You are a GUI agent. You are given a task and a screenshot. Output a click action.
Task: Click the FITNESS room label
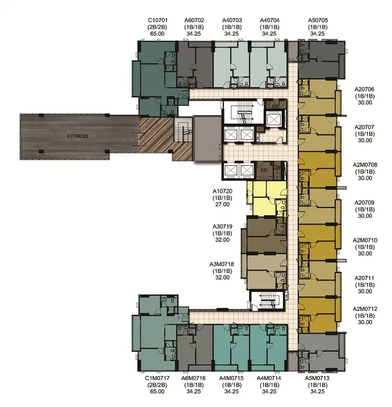[78, 136]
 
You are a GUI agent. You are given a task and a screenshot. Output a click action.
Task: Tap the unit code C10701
[158, 20]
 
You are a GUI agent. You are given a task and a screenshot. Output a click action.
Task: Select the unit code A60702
[194, 20]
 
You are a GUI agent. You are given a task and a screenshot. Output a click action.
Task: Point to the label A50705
[318, 20]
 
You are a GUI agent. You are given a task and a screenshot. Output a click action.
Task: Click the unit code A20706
[365, 89]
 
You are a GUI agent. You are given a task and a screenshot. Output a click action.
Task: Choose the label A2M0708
[365, 165]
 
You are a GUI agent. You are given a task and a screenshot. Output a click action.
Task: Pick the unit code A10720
[222, 192]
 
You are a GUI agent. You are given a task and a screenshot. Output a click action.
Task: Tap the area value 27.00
[222, 205]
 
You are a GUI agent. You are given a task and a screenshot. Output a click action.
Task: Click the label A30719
[222, 227]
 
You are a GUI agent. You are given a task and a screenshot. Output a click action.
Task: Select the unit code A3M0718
[221, 264]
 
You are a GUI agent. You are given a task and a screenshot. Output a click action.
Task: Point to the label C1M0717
[157, 378]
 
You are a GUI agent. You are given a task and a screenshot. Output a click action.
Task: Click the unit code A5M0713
[317, 378]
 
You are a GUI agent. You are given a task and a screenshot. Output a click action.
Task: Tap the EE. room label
[265, 170]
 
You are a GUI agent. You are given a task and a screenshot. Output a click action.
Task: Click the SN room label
[275, 106]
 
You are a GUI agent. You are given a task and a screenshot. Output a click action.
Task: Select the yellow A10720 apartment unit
[267, 198]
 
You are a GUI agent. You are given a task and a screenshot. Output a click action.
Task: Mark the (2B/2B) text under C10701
[157, 27]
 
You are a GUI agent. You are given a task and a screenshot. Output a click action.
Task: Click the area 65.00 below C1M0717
[157, 391]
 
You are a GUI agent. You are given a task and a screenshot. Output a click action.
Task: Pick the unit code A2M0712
[365, 309]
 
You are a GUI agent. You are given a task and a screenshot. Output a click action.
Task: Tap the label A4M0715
[231, 378]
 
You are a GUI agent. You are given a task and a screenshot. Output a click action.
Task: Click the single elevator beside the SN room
[273, 120]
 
